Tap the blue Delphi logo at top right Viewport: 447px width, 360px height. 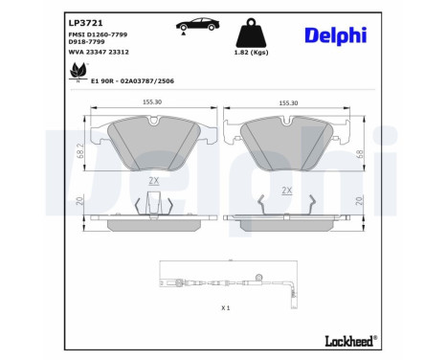(335, 34)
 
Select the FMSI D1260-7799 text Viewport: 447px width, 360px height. (101, 34)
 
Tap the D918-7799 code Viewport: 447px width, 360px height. (85, 43)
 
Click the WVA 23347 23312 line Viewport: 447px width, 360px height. (99, 54)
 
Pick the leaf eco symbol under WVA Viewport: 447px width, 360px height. (76, 69)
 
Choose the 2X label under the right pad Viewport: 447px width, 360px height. (285, 190)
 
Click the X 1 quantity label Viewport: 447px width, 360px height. (226, 308)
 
